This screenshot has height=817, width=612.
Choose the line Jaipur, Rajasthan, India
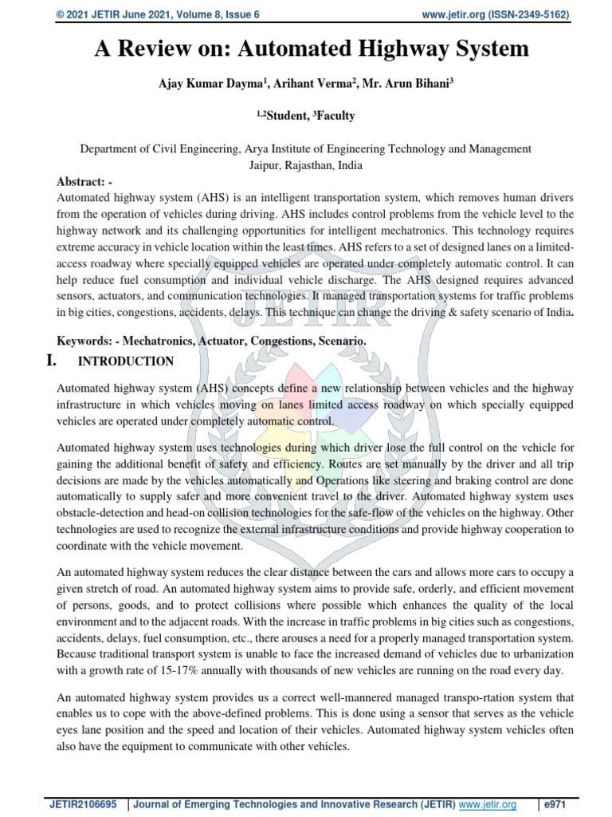click(x=306, y=166)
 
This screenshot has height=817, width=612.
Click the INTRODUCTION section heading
click(x=125, y=361)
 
